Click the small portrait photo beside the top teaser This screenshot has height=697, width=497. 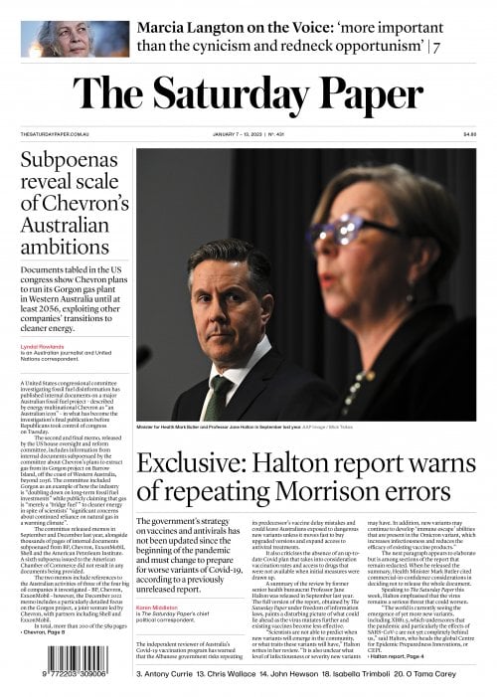point(61,38)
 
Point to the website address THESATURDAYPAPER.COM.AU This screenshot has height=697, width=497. point(50,134)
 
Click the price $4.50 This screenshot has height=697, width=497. point(469,134)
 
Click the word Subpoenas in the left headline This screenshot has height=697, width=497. point(75,160)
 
